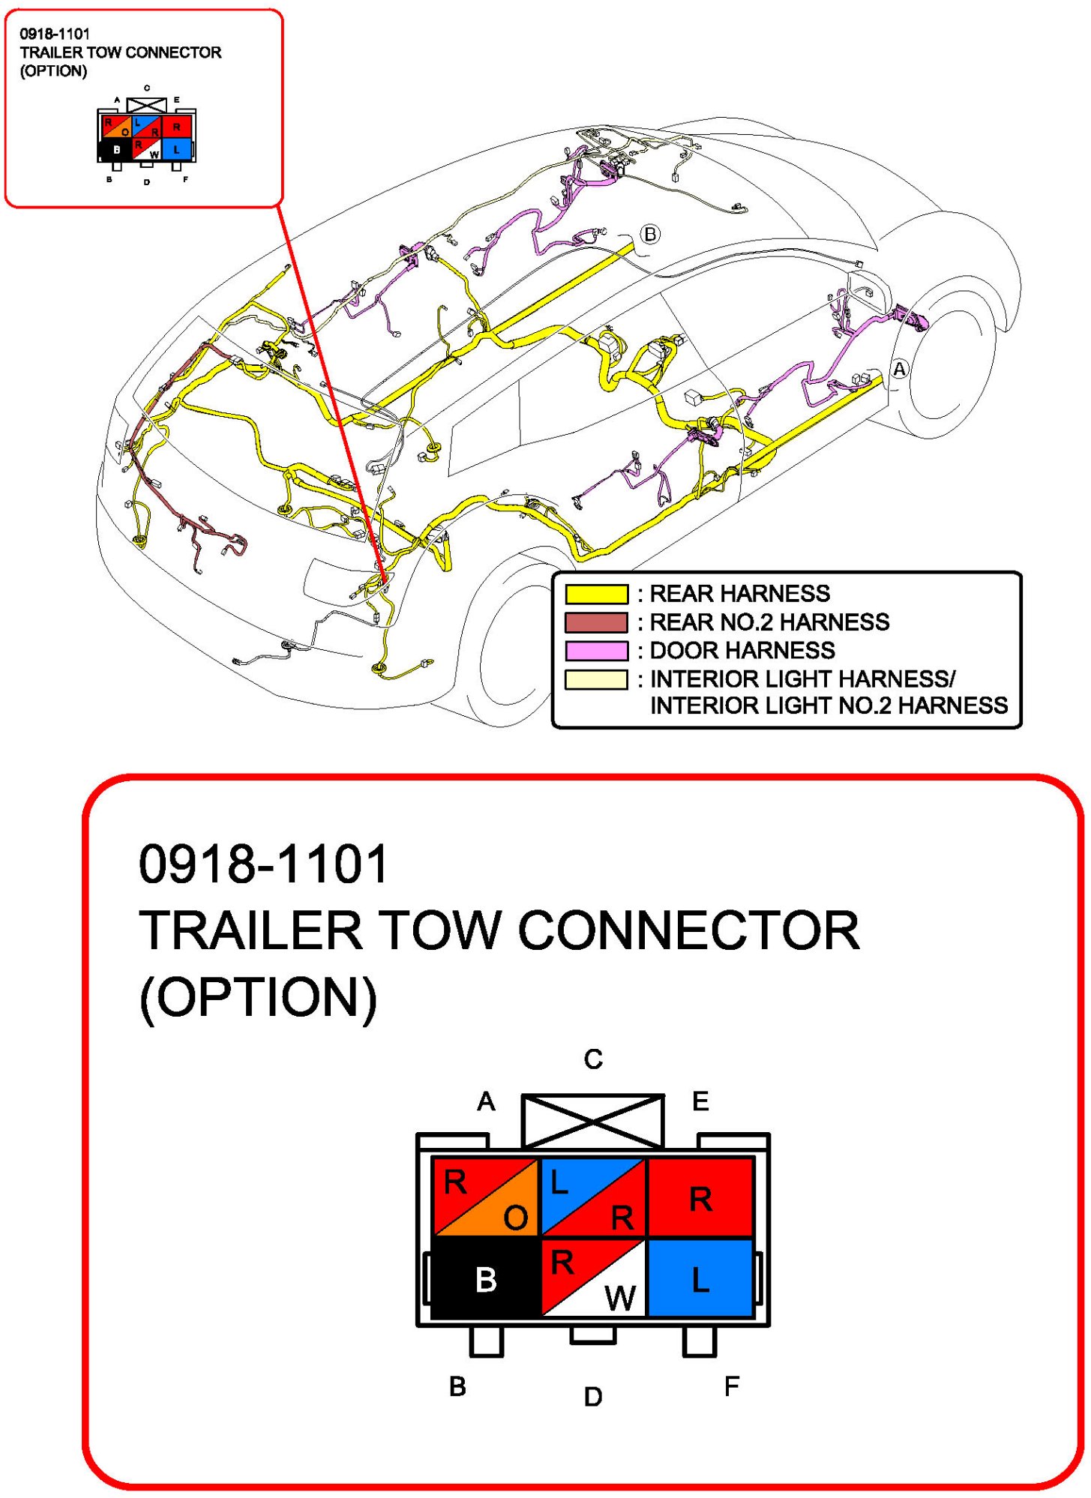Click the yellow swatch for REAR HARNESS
596,594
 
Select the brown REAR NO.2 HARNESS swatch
596,622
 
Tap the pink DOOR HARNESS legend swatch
596,650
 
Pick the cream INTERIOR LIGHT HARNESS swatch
596,679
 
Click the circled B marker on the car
650,235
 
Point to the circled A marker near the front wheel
900,369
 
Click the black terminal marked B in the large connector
486,1278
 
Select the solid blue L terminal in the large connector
700,1278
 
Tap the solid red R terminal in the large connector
700,1198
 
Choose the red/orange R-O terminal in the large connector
486,1198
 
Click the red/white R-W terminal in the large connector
593,1278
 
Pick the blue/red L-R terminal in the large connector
593,1198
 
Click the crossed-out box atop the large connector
593,1121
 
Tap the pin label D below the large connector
593,1396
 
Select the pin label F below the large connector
732,1386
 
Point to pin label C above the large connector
593,1059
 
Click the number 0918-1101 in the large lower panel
263,864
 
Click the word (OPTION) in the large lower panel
258,997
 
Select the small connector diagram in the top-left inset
147,135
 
